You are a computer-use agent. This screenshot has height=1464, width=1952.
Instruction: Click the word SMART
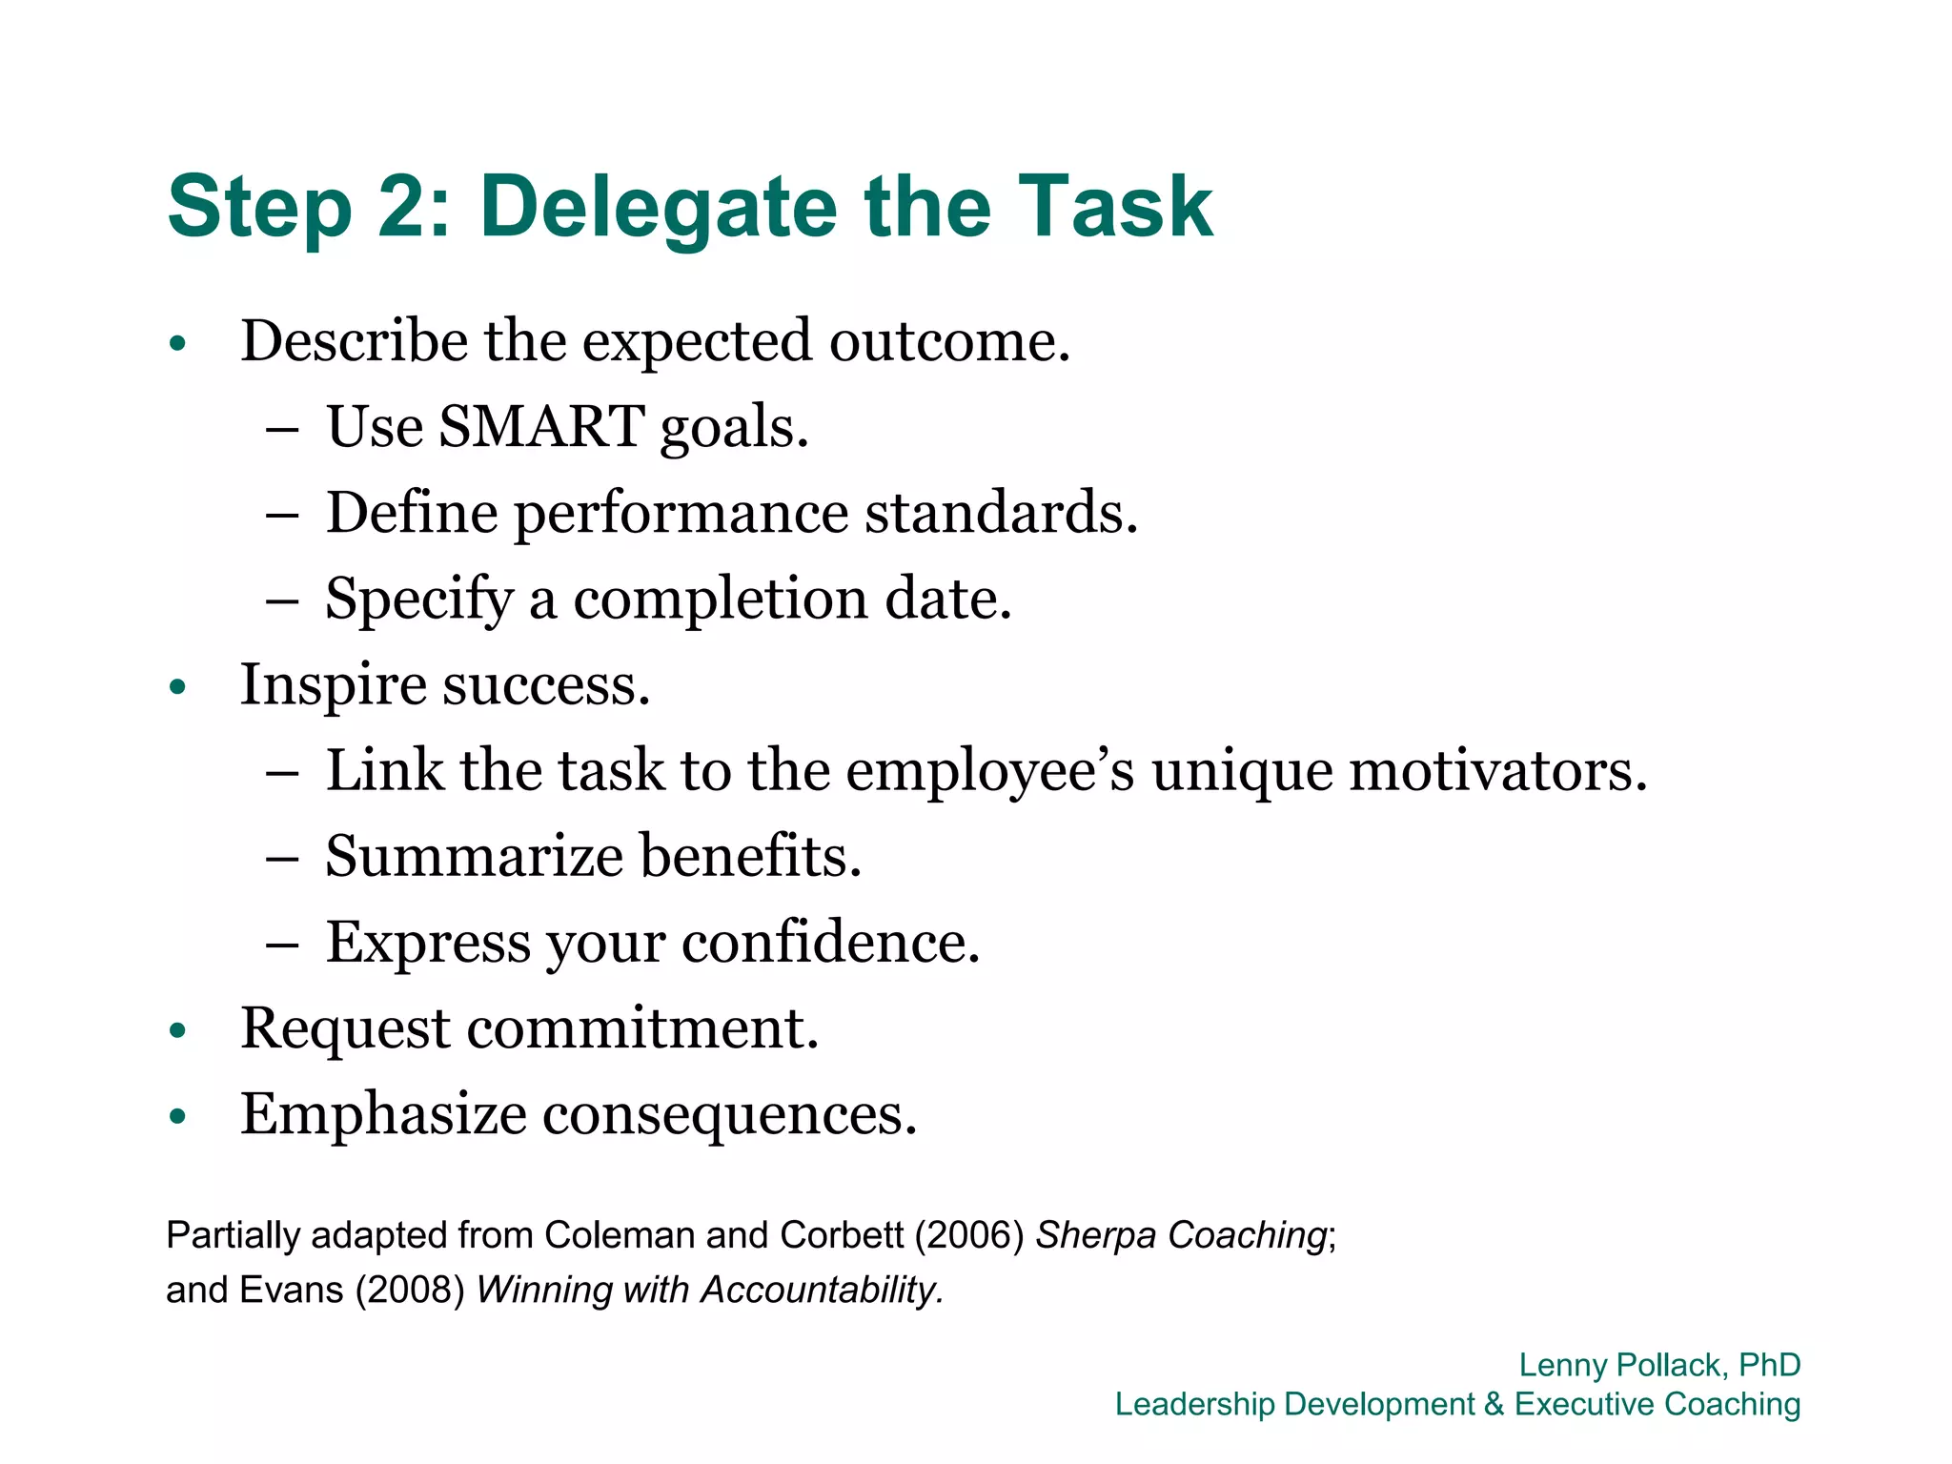[540, 426]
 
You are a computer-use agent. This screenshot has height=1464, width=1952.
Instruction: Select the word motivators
[1497, 770]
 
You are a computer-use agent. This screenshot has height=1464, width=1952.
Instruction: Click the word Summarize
[474, 856]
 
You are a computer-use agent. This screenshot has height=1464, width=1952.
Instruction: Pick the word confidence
[830, 943]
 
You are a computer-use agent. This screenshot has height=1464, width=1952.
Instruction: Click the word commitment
[642, 1028]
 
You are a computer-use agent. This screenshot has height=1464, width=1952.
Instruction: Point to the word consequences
[729, 1116]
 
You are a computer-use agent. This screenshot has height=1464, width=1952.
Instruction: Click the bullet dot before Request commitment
[176, 1030]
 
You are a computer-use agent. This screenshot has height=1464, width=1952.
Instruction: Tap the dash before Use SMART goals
[282, 429]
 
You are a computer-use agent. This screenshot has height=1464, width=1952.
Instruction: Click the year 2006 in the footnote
[969, 1235]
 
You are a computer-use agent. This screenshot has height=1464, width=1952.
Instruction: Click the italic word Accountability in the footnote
[822, 1291]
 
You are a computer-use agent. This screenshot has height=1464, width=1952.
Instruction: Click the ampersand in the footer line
[1494, 1404]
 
